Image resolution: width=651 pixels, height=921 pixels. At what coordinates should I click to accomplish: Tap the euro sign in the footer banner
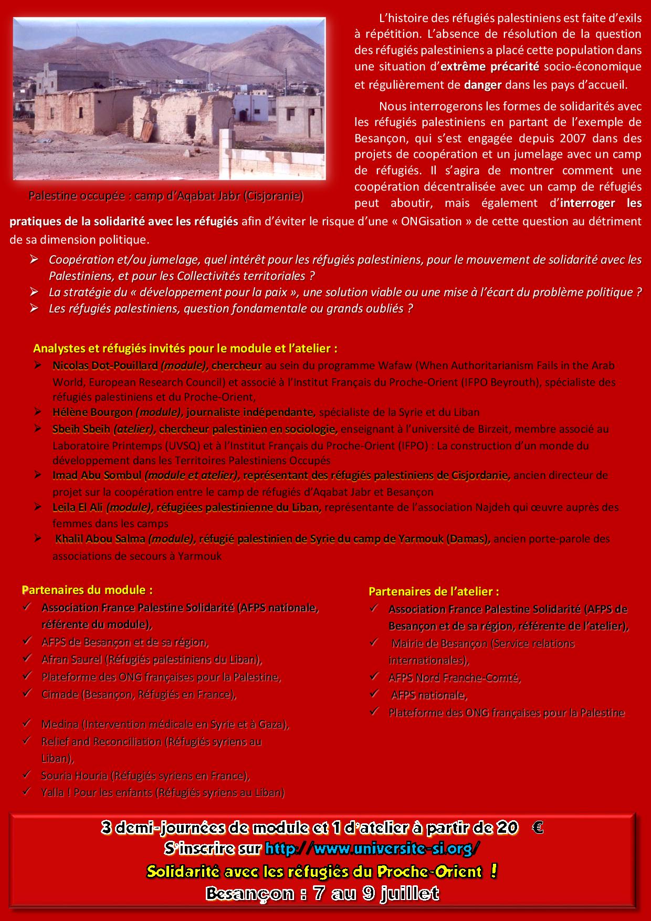click(x=537, y=828)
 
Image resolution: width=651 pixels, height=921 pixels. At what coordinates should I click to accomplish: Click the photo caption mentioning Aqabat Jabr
click(x=166, y=196)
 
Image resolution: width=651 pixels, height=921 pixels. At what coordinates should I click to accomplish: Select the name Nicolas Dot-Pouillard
click(x=104, y=365)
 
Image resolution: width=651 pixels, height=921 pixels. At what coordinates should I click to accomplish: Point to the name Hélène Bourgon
click(x=92, y=412)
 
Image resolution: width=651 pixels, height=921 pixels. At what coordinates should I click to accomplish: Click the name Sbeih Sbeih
click(x=81, y=429)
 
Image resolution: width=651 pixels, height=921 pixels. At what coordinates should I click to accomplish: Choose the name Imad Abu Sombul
click(x=97, y=476)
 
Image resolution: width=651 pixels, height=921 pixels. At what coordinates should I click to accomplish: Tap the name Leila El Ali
click(x=78, y=507)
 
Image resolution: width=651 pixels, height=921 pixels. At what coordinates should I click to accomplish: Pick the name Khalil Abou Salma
click(x=100, y=539)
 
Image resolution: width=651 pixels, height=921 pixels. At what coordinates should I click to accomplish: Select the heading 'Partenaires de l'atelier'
click(x=434, y=591)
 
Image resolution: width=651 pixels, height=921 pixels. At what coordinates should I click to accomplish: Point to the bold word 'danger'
click(x=482, y=85)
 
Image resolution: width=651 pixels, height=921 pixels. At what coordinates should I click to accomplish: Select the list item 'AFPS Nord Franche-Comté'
click(x=454, y=677)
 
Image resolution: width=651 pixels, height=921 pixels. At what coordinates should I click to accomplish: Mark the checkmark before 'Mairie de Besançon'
click(x=374, y=642)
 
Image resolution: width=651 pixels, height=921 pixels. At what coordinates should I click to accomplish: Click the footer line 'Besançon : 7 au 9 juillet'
click(x=322, y=893)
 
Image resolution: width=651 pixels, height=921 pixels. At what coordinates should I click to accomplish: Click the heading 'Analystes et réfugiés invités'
click(x=185, y=348)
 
